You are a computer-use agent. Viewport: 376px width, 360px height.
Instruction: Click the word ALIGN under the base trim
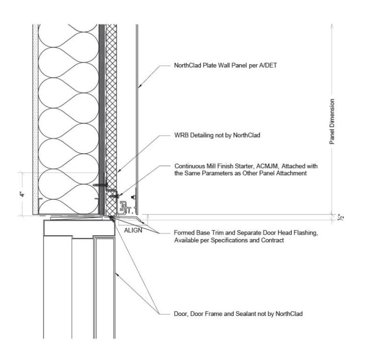click(x=133, y=230)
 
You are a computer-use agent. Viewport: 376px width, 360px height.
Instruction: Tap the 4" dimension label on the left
click(x=23, y=194)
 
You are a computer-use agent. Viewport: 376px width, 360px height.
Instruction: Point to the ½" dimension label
click(x=341, y=217)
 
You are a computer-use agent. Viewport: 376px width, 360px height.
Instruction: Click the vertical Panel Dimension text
click(x=332, y=121)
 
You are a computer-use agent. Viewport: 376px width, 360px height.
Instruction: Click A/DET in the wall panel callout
click(x=268, y=65)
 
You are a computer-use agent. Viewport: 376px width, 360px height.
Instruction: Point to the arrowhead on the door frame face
click(x=117, y=274)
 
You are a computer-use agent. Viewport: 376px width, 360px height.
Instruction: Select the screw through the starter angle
click(x=114, y=196)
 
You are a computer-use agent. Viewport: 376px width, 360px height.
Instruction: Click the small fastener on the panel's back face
click(x=133, y=197)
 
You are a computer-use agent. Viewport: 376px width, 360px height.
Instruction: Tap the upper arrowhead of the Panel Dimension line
click(x=332, y=25)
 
